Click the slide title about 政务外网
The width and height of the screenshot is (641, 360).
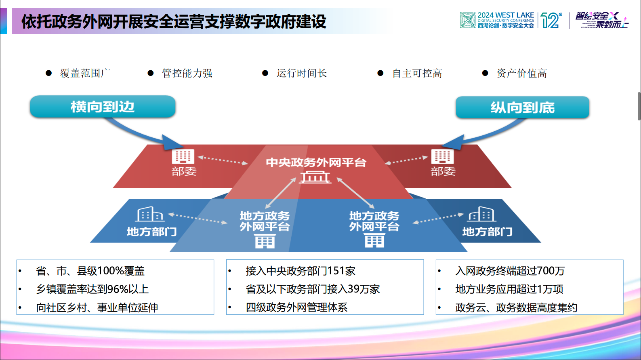(174, 21)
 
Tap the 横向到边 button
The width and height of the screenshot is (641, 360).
(103, 107)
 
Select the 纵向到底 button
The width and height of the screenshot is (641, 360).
(522, 107)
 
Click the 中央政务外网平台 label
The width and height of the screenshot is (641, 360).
(316, 162)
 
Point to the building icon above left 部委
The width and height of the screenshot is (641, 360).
(183, 156)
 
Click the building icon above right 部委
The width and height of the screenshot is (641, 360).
(442, 156)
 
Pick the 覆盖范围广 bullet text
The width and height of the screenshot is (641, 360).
(85, 73)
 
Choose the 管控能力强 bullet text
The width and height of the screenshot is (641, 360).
(187, 73)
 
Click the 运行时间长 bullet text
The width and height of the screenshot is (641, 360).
(302, 73)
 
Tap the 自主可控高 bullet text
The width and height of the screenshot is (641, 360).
(417, 73)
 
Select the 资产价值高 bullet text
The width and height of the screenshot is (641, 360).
(522, 73)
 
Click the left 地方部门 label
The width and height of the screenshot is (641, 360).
(151, 232)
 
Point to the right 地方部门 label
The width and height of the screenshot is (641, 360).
(487, 232)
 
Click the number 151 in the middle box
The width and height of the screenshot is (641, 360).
(336, 271)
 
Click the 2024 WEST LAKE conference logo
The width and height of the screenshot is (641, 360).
(497, 20)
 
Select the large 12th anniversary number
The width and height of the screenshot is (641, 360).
(551, 20)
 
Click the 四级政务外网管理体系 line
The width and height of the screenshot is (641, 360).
(296, 307)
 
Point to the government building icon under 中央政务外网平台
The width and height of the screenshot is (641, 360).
(315, 177)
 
